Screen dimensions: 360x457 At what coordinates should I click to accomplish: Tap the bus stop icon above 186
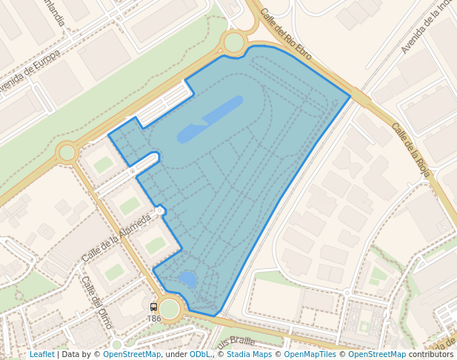tap(154, 307)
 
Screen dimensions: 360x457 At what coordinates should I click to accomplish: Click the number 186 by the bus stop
tap(154, 319)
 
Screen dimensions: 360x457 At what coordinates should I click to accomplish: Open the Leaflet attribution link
tap(41, 354)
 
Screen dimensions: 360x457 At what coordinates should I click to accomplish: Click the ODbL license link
tap(199, 354)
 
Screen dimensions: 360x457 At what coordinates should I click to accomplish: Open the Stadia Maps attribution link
tap(249, 354)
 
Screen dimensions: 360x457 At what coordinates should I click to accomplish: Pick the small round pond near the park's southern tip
tap(188, 279)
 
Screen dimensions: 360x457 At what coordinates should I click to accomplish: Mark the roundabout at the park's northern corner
tap(233, 42)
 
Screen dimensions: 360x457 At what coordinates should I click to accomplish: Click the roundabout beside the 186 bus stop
tap(170, 308)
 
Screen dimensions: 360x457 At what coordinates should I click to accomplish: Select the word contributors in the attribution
tap(431, 354)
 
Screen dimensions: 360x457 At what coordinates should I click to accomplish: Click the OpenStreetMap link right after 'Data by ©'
tap(132, 354)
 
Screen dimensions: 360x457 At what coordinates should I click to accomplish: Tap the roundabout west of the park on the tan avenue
tap(67, 152)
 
